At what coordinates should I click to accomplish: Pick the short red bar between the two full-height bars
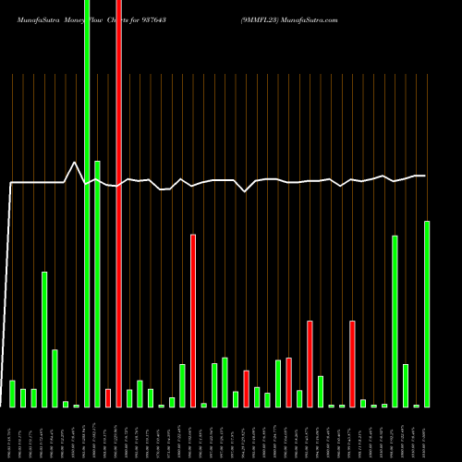point(108,398)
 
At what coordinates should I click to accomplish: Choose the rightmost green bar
point(427,314)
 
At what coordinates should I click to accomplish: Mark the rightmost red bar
point(352,364)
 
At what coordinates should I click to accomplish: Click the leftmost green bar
point(12,394)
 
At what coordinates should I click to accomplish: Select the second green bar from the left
point(23,398)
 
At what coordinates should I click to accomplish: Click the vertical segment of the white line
point(9,296)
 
